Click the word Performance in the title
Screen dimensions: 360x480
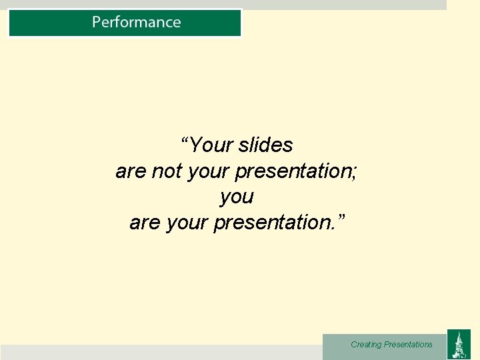click(x=136, y=22)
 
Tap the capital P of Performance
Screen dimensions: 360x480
click(x=97, y=22)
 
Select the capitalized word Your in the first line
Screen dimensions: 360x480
click(x=211, y=145)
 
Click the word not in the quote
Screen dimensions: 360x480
click(x=167, y=171)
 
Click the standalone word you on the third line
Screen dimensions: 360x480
click(x=237, y=197)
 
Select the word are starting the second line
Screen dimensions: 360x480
click(x=131, y=171)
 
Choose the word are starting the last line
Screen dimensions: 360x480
click(x=144, y=223)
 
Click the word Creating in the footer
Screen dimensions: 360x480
click(x=366, y=345)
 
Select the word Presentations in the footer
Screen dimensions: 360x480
click(x=408, y=345)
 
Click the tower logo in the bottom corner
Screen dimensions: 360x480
click(x=458, y=344)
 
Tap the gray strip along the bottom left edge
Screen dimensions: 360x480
click(x=160, y=352)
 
